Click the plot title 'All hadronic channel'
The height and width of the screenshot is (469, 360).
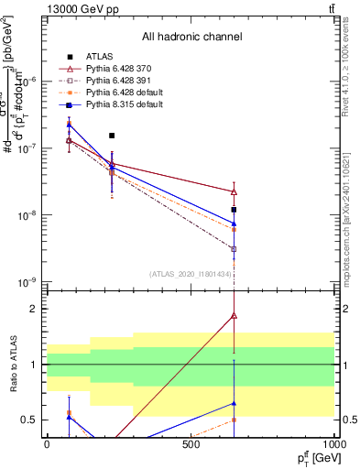click(x=191, y=38)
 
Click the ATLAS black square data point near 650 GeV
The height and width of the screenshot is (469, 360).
click(x=235, y=210)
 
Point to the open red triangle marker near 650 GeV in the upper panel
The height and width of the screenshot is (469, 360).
click(x=235, y=192)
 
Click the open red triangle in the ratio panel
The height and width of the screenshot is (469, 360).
click(x=235, y=316)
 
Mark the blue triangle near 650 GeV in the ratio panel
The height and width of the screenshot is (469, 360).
click(x=235, y=403)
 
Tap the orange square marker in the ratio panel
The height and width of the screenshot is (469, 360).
click(x=235, y=420)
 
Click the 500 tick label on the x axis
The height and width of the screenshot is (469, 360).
click(x=191, y=444)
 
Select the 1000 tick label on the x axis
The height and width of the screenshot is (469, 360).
click(x=334, y=444)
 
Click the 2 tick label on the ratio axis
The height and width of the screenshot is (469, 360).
click(x=35, y=309)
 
